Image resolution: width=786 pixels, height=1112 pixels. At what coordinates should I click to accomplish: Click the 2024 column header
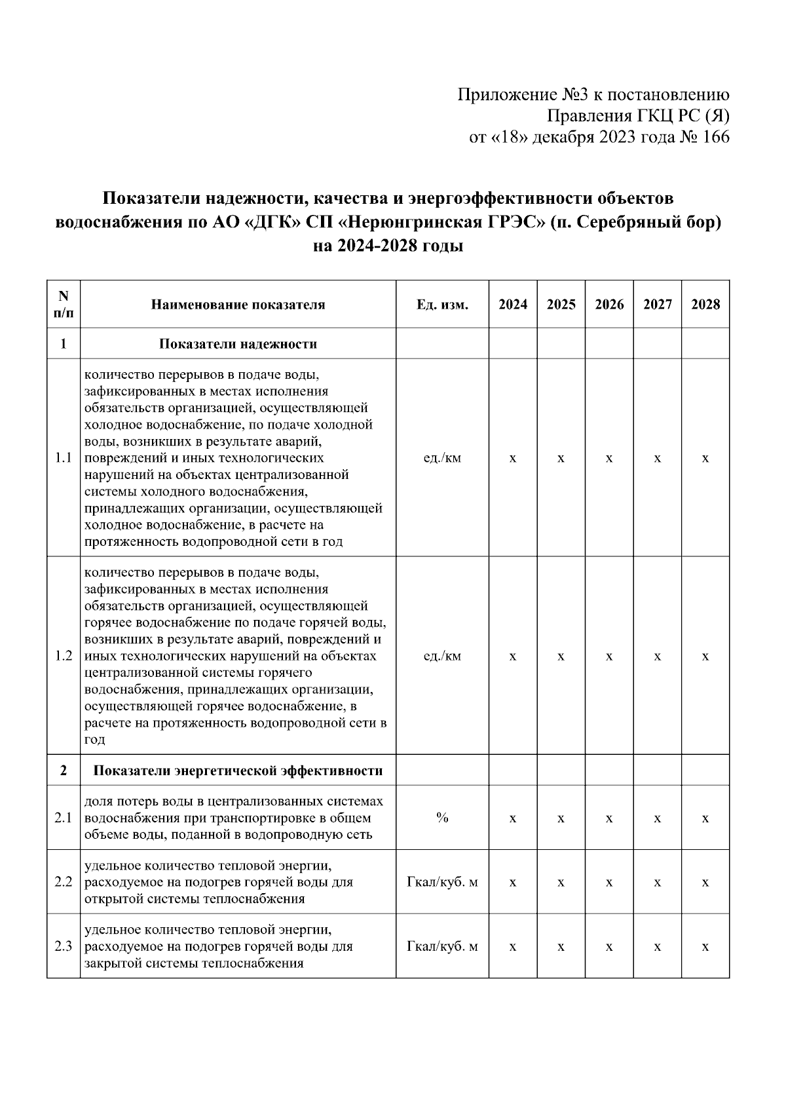click(513, 305)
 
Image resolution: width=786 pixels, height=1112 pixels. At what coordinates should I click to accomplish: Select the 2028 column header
click(705, 305)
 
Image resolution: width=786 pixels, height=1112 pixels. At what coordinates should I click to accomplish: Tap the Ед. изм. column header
click(442, 305)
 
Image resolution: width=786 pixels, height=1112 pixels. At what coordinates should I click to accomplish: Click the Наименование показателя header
click(238, 305)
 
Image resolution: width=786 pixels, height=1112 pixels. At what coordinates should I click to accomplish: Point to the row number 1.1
click(64, 458)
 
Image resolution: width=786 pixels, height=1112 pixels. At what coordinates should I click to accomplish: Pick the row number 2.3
click(64, 947)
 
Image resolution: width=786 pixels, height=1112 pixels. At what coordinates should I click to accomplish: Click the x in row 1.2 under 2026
click(609, 656)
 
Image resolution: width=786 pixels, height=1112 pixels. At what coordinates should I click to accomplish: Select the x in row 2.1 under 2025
click(561, 818)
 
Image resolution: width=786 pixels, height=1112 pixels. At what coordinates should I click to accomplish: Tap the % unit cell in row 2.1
click(442, 818)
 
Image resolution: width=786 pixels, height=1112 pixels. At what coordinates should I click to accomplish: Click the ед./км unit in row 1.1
click(442, 458)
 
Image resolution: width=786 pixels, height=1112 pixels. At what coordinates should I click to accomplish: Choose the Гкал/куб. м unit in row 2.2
click(442, 882)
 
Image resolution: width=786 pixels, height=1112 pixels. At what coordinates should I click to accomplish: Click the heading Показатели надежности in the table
click(238, 344)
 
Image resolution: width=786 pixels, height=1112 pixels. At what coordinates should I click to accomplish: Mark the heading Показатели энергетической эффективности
click(238, 771)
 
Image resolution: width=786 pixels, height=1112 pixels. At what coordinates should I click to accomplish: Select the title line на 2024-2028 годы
click(388, 246)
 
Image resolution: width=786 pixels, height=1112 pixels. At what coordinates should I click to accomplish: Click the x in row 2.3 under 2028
click(705, 947)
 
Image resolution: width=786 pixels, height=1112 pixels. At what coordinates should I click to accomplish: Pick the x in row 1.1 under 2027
click(657, 458)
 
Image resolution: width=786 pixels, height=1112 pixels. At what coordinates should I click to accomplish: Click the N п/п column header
click(64, 305)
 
